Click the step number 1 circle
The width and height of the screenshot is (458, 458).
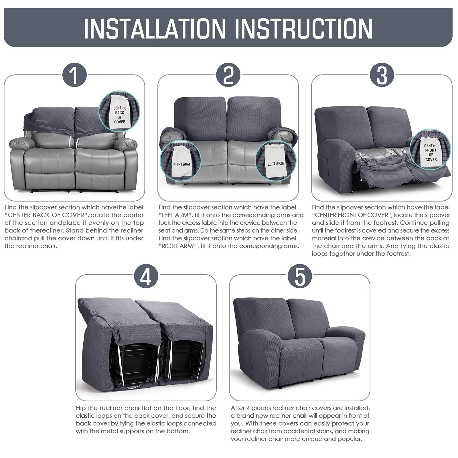74,75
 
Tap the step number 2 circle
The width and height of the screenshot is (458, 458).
228,75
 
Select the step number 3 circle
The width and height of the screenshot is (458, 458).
382,75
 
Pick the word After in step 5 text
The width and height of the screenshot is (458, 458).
238,408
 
